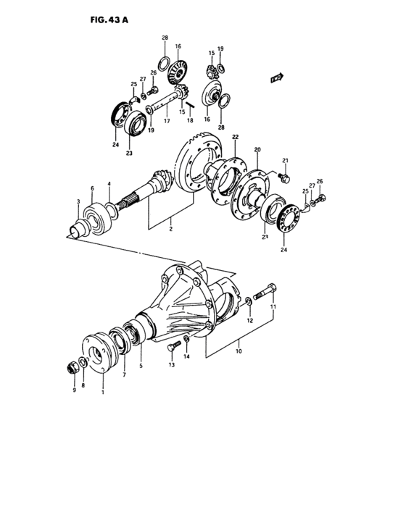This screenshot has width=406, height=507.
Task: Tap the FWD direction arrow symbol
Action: (x=275, y=75)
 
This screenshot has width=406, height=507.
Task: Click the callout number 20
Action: (x=257, y=150)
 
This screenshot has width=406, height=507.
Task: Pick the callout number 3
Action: (x=78, y=202)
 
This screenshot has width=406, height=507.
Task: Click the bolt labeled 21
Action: (x=283, y=175)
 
